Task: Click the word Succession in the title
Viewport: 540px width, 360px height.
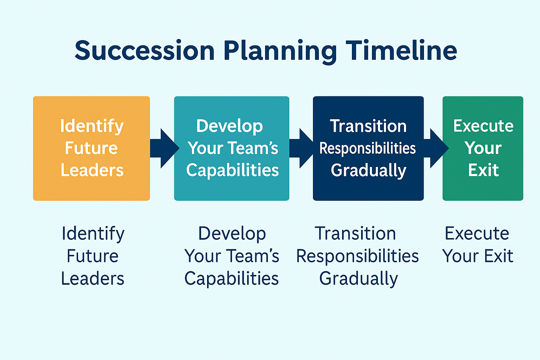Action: (144, 50)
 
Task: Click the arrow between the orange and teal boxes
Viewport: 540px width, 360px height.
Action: (165, 148)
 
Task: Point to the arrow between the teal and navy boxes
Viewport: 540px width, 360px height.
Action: (301, 148)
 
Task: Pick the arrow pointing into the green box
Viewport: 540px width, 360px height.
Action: (436, 148)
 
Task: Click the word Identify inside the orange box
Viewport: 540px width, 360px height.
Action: (92, 127)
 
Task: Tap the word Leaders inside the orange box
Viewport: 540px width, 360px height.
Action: (92, 170)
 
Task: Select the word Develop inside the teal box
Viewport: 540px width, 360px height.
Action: (230, 127)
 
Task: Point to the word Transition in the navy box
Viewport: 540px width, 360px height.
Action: (368, 126)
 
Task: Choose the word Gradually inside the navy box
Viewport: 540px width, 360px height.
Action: (368, 171)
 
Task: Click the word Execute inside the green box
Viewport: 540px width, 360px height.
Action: (483, 126)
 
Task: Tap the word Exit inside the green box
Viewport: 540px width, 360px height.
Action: (483, 170)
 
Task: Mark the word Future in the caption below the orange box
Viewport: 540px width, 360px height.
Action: (92, 256)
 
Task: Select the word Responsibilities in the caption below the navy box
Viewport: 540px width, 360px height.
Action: (358, 257)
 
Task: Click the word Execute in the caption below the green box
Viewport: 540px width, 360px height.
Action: (477, 233)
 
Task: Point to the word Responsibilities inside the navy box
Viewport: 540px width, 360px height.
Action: (368, 148)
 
